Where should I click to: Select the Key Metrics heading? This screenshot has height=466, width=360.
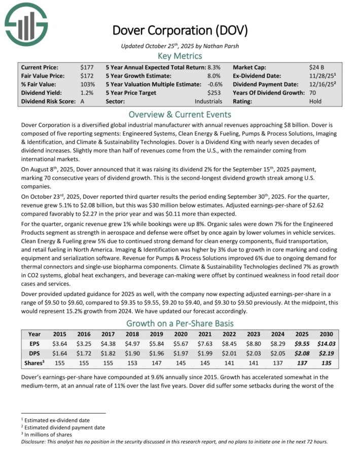tap(179, 56)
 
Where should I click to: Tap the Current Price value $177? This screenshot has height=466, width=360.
tap(87, 67)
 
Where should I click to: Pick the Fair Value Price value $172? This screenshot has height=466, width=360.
tap(87, 76)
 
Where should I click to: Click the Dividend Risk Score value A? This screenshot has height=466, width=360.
tap(83, 101)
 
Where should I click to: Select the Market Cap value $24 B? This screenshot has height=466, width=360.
tap(317, 67)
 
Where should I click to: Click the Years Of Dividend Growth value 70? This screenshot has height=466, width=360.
tap(313, 93)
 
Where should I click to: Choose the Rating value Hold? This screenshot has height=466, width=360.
tap(315, 101)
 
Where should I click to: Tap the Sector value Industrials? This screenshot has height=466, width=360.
tap(208, 101)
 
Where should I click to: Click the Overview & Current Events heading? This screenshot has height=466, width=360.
tap(179, 114)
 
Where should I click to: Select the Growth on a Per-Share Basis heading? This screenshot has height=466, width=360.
tap(179, 323)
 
